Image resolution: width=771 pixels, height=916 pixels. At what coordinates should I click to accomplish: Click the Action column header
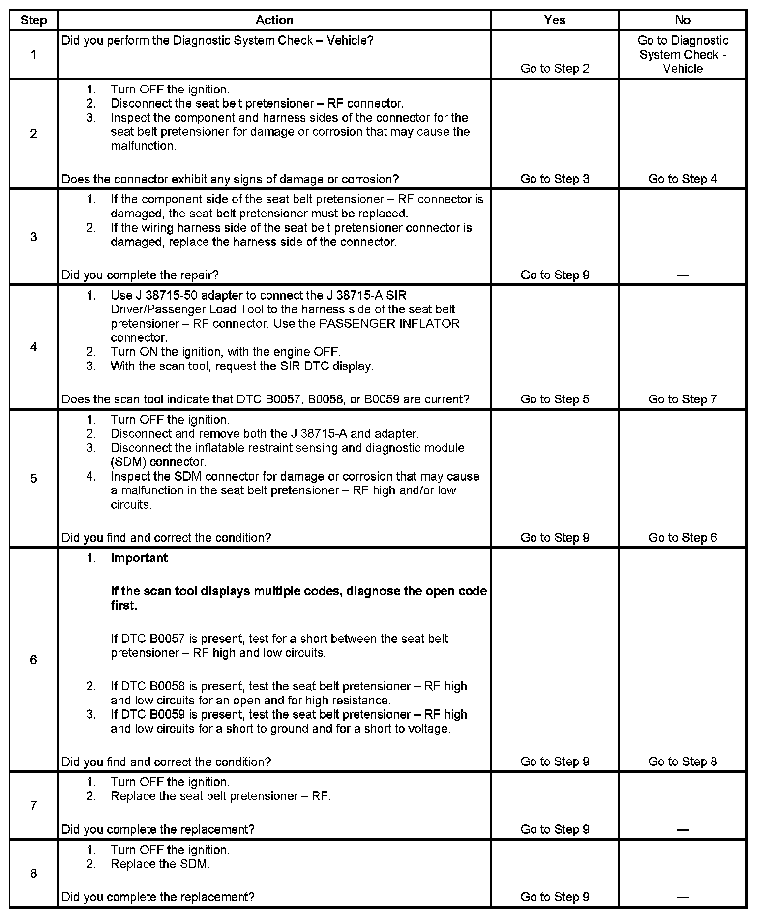coord(274,20)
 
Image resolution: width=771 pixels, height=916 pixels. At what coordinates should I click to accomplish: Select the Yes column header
coord(555,20)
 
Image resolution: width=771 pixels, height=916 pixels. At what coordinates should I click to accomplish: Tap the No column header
coord(682,20)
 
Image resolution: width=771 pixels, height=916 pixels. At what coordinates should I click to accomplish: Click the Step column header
coord(33,20)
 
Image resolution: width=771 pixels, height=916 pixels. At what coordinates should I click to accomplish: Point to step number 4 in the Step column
coord(33,347)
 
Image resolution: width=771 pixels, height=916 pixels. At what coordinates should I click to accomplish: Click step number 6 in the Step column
coord(33,660)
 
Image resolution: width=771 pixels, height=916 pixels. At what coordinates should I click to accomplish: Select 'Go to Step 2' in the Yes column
coord(555,68)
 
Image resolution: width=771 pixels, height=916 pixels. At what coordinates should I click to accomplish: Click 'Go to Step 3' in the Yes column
coord(555,179)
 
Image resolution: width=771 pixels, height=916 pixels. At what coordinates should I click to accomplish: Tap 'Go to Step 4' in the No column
coord(682,179)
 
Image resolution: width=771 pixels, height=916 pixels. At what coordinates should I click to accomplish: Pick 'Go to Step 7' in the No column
coord(682,399)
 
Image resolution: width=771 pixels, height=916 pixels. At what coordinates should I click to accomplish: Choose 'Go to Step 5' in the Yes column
coord(555,399)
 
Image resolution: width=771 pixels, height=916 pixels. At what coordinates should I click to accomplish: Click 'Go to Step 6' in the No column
coord(682,537)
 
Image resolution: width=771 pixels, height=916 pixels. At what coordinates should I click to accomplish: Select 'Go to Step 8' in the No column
coord(682,762)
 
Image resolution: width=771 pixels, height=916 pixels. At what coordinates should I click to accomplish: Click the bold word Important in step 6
coord(139,558)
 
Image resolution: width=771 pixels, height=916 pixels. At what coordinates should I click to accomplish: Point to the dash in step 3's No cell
coord(682,275)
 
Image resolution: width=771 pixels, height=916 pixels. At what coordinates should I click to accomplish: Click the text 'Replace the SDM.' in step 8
coord(160,864)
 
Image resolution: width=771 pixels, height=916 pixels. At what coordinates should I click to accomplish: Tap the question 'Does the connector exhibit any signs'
coord(230,179)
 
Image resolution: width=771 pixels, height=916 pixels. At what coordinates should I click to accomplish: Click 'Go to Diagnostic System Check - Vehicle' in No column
coord(682,54)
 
